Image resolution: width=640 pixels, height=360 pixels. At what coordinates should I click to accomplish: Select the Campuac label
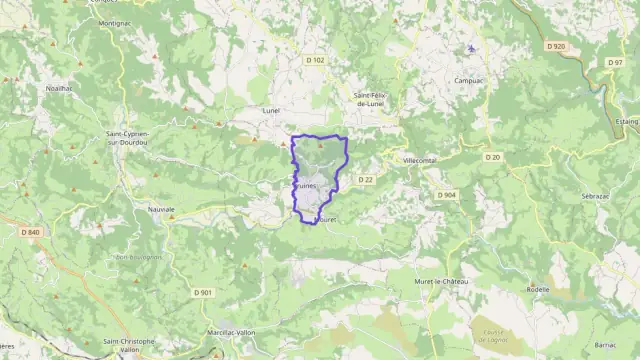click(470, 81)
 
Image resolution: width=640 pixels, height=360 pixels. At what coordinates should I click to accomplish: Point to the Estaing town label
click(626, 121)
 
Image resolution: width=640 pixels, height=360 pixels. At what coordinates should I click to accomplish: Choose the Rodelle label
click(566, 290)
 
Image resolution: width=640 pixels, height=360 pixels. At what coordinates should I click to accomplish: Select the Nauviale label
click(161, 210)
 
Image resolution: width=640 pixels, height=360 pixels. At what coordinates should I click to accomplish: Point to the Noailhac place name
click(58, 88)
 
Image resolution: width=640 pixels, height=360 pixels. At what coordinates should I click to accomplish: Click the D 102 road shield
click(315, 61)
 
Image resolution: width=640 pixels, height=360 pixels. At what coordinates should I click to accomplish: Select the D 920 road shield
click(556, 46)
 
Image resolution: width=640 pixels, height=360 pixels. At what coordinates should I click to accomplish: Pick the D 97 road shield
click(615, 62)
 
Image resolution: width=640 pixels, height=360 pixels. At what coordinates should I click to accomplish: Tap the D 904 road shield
click(446, 195)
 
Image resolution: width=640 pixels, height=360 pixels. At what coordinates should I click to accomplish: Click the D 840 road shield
click(29, 233)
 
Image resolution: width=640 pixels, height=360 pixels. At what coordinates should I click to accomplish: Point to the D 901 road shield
click(204, 292)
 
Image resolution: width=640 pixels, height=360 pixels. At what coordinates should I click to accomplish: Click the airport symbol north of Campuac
click(472, 48)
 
